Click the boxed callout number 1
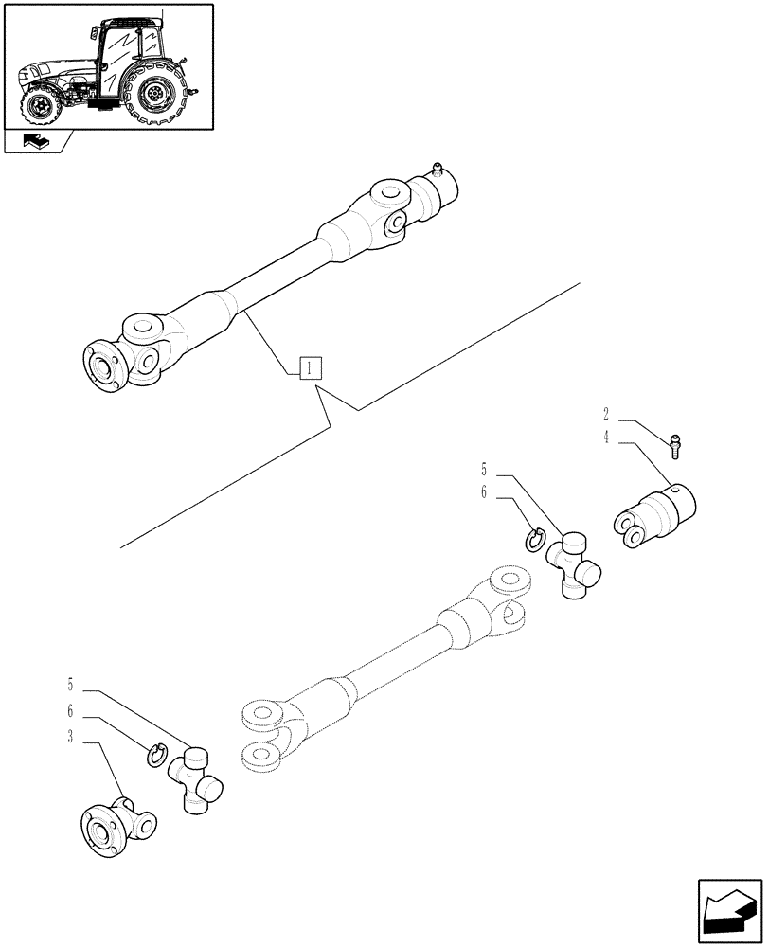pos(311,368)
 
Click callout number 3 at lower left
pos(71,743)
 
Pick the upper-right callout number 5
pos(483,469)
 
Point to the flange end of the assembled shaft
pos(102,365)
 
